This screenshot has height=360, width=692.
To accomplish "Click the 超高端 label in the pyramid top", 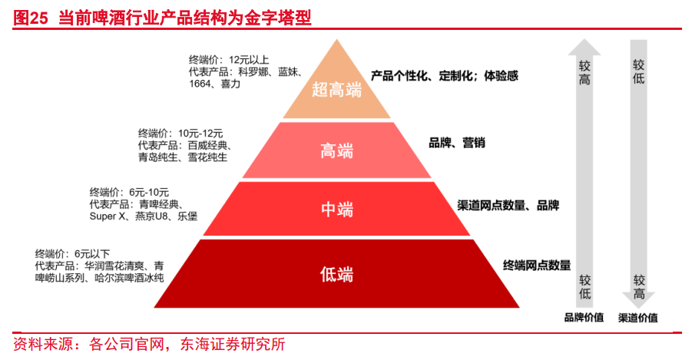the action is click(336, 90).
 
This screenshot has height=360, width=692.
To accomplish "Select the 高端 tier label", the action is click(336, 150).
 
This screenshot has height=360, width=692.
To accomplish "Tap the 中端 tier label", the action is click(336, 209).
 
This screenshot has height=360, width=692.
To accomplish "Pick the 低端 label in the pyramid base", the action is click(336, 272).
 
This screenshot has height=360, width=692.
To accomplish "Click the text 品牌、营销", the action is click(456, 143).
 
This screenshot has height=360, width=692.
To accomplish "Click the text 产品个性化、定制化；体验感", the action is click(445, 76).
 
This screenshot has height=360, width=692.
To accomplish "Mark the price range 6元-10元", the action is click(149, 192).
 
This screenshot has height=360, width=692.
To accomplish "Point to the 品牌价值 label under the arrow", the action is click(584, 318).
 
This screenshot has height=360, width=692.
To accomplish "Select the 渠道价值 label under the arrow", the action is click(638, 318).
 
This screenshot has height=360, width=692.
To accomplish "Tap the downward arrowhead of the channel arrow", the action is click(639, 300).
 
